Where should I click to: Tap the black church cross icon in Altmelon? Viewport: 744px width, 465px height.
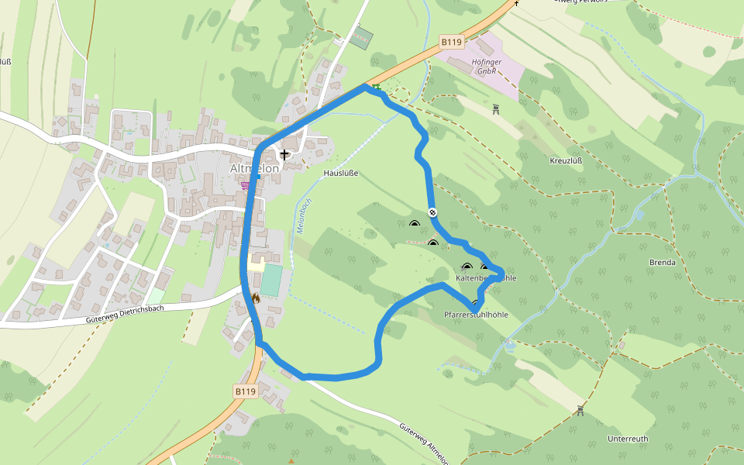(x=284, y=155)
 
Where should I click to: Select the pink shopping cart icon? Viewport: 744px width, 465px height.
(x=246, y=185)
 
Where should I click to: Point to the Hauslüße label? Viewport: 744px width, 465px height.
(x=341, y=174)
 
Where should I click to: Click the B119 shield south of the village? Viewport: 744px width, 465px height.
(x=245, y=392)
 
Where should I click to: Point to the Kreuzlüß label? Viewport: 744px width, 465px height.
(x=566, y=161)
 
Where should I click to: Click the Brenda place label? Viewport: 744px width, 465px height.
(x=662, y=263)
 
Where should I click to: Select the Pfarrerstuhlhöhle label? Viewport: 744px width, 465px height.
(x=476, y=315)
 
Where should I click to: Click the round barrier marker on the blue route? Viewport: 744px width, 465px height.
(x=432, y=212)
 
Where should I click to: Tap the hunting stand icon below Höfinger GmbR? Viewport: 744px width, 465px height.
(x=496, y=108)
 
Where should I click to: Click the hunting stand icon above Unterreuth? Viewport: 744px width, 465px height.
(x=580, y=408)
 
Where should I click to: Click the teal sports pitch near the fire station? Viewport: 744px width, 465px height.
(x=270, y=280)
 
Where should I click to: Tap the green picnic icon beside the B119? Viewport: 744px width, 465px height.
(x=377, y=88)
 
